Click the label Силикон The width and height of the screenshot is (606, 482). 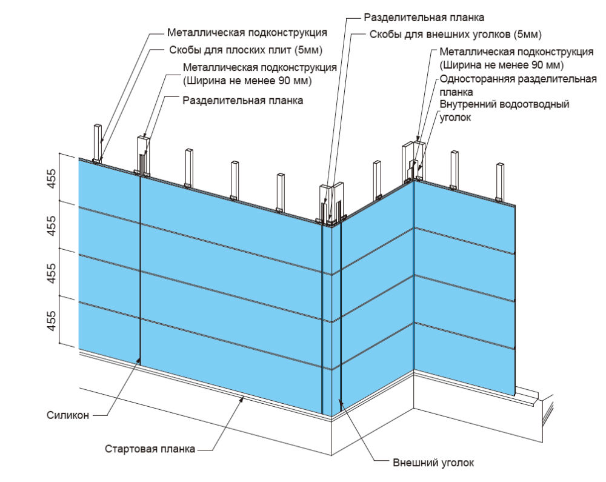pyautogui.click(x=68, y=415)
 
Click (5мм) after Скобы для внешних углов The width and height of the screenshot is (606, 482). pyautogui.click(x=527, y=34)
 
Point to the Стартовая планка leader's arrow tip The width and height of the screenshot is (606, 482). pyautogui.click(x=244, y=398)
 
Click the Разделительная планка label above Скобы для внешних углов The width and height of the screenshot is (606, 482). pyautogui.click(x=424, y=17)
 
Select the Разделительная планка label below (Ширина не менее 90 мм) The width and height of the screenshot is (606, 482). pyautogui.click(x=243, y=100)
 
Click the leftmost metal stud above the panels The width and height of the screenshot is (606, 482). pyautogui.click(x=97, y=142)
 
